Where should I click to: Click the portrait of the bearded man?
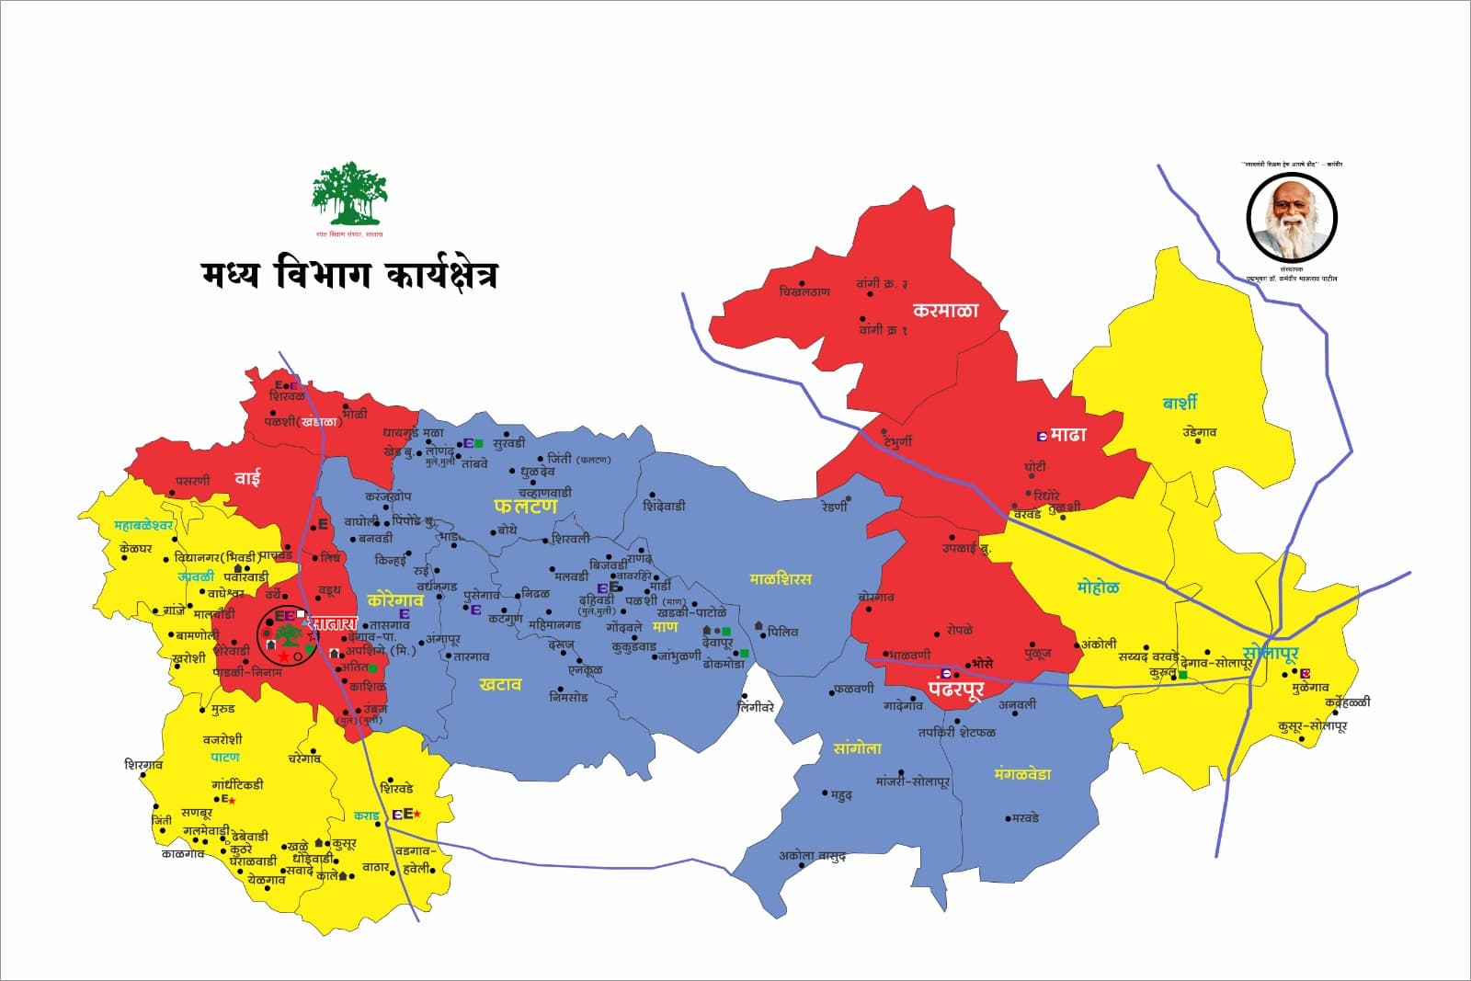1292,219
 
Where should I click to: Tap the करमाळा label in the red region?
945,310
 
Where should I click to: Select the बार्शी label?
1180,403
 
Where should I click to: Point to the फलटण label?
526,506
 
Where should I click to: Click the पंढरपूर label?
955,689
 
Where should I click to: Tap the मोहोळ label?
1098,587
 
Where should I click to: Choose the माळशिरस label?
781,578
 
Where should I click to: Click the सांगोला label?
857,748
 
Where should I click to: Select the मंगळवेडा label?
1022,774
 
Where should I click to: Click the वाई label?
247,477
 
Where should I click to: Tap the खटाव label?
500,684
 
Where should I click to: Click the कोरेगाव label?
395,599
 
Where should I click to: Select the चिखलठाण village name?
804,292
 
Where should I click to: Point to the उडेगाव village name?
1199,432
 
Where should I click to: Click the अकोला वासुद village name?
811,856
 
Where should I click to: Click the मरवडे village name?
1024,817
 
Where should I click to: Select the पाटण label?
224,757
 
